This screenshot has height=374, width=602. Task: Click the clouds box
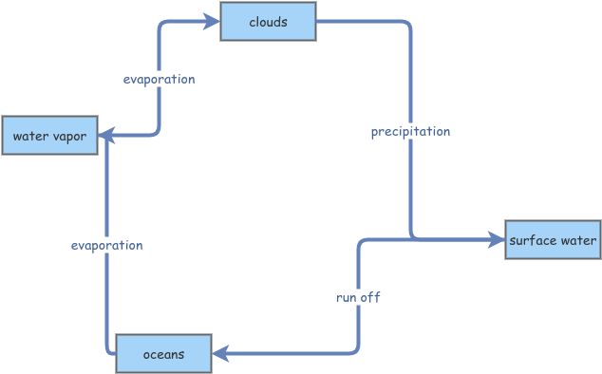(x=268, y=22)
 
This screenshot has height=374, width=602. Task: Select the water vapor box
(x=48, y=137)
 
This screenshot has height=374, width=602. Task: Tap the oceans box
(x=162, y=354)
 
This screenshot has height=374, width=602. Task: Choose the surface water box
(x=553, y=240)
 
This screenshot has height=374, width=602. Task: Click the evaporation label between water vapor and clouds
(x=159, y=79)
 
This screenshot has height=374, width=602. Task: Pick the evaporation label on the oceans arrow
(x=106, y=245)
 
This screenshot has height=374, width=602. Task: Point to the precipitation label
(x=410, y=131)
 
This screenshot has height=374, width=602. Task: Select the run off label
(x=358, y=297)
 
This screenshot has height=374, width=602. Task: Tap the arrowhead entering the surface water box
(x=497, y=240)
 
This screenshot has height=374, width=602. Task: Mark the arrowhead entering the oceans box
(x=219, y=354)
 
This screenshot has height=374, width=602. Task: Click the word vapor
(x=69, y=137)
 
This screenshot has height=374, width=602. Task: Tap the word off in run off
(x=369, y=297)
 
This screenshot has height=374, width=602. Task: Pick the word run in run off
(x=347, y=297)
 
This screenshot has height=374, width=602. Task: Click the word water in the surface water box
(x=576, y=240)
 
